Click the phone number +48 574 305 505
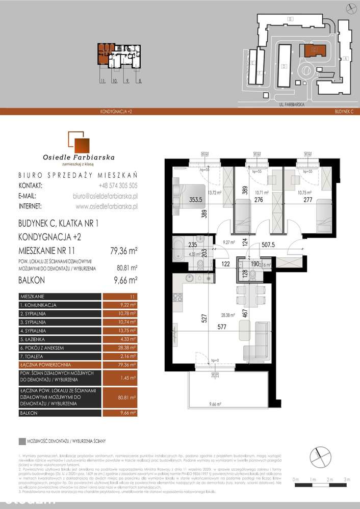(x=116, y=185)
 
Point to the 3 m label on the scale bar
(x=347, y=479)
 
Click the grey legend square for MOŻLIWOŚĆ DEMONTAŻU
(x=21, y=442)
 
